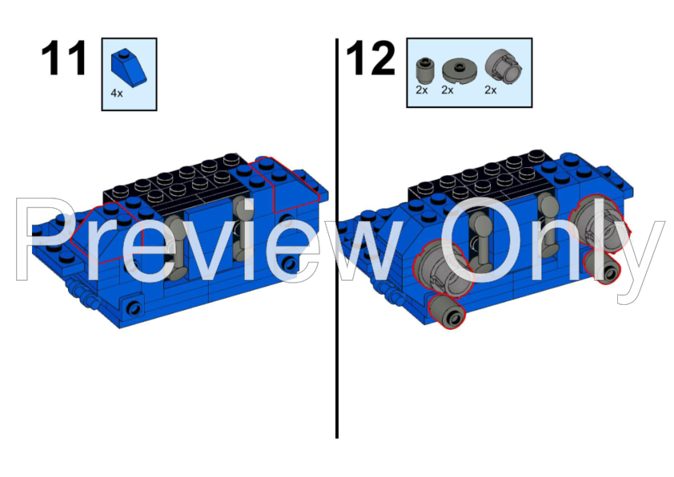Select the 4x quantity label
click(x=117, y=94)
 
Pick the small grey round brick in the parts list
click(x=423, y=70)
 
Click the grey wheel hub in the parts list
click(x=503, y=67)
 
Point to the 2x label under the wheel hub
click(x=491, y=90)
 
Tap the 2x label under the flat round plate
click(x=447, y=90)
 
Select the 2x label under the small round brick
click(x=422, y=90)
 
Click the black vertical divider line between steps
click(x=337, y=238)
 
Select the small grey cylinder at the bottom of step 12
click(x=447, y=312)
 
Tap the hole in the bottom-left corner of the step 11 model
click(x=134, y=308)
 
